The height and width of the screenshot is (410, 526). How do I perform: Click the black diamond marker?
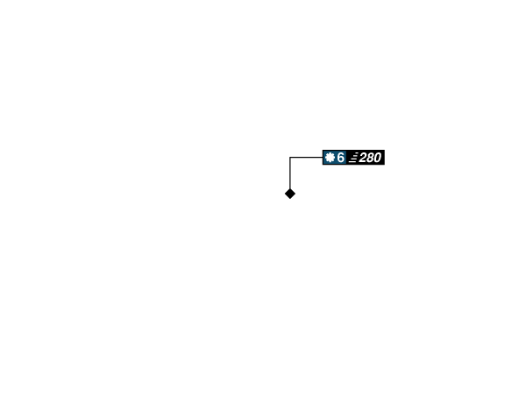click(x=290, y=194)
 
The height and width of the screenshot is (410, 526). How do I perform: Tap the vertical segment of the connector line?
click(x=290, y=173)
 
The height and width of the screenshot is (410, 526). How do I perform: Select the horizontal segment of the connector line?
click(x=306, y=157)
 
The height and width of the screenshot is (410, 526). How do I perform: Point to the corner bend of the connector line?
click(x=290, y=157)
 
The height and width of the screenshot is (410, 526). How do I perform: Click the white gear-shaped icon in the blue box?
click(x=331, y=157)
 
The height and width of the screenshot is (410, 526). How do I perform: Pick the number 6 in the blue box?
click(x=340, y=158)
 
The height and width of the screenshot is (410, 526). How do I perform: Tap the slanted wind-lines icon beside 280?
click(x=353, y=157)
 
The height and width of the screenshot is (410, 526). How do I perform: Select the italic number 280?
click(x=370, y=158)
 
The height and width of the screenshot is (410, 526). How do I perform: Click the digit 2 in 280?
click(x=363, y=158)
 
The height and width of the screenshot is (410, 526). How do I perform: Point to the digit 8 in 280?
click(x=370, y=158)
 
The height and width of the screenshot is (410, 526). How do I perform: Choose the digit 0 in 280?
click(x=377, y=158)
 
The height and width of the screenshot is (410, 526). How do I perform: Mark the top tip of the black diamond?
click(x=290, y=188)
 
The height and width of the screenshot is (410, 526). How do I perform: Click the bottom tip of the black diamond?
click(x=290, y=199)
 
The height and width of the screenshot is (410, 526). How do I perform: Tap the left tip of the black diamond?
click(x=285, y=194)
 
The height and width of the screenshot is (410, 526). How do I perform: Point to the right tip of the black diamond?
click(x=295, y=194)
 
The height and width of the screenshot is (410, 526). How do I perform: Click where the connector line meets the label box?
click(x=323, y=157)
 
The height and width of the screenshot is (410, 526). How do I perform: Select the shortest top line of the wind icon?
click(x=357, y=153)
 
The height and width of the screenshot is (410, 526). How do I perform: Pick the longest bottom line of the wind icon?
click(x=352, y=161)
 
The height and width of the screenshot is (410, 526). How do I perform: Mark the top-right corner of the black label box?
click(x=385, y=150)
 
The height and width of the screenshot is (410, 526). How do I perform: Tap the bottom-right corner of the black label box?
click(x=385, y=165)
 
